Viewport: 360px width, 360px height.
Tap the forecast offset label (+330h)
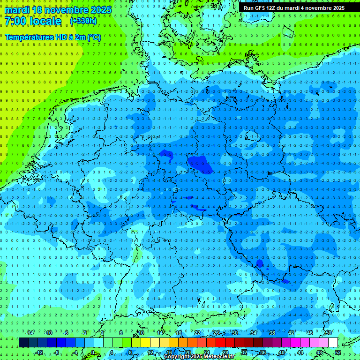click(x=83, y=21)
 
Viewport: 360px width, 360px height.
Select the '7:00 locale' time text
click(x=33, y=21)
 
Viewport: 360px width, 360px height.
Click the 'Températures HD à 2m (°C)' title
click(x=53, y=37)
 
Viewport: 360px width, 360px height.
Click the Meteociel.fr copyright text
click(x=199, y=356)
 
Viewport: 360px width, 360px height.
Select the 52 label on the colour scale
click(x=338, y=352)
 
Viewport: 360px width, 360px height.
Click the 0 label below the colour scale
click(x=93, y=352)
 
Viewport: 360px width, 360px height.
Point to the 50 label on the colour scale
click(x=328, y=333)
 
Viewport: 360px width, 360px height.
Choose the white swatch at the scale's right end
click(x=333, y=342)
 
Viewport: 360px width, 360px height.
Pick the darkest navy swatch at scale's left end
click(x=23, y=342)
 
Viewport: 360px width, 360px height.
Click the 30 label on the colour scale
click(x=234, y=333)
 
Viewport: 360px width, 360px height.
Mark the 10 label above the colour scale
click(x=141, y=333)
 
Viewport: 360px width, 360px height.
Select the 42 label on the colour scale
click(x=291, y=333)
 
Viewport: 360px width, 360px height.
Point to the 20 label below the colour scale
click(x=187, y=352)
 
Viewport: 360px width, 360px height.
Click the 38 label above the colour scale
click(x=272, y=333)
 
